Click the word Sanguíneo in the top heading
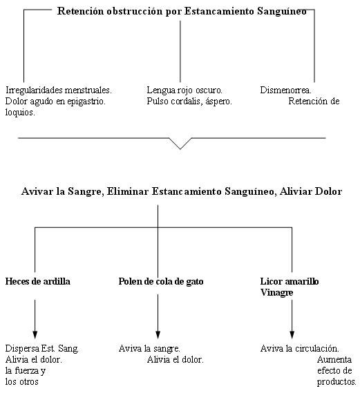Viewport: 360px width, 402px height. tap(282, 11)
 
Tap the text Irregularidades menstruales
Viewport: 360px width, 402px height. tap(59, 90)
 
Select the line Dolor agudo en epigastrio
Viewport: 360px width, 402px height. tap(55, 102)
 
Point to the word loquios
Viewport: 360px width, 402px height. tap(20, 113)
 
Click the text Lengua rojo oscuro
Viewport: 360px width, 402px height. tap(184, 90)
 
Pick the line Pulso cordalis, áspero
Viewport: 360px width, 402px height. tap(189, 102)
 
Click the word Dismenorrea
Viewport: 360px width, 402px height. tap(285, 90)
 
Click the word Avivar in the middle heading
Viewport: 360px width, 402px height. tap(37, 191)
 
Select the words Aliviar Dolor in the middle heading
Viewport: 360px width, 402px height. tap(311, 191)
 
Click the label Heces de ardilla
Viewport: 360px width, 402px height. tap(38, 281)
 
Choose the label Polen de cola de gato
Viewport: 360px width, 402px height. tap(161, 281)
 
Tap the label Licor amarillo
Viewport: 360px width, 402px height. tap(290, 281)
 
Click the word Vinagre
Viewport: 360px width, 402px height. tap(276, 292)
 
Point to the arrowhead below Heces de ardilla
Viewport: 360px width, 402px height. tap(35, 335)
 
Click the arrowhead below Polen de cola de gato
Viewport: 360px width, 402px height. tap(158, 335)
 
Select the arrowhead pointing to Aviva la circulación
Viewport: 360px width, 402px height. tap(292, 335)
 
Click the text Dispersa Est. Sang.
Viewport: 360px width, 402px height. tap(41, 348)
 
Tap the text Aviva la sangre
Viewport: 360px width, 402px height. tap(149, 348)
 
